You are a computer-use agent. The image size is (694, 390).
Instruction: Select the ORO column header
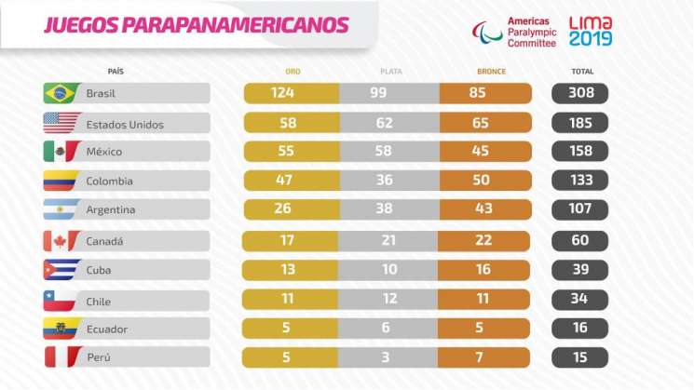pyautogui.click(x=292, y=71)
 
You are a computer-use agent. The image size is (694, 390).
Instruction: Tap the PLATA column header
pyautogui.click(x=389, y=71)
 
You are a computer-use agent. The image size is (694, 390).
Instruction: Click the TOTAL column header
pyautogui.click(x=580, y=71)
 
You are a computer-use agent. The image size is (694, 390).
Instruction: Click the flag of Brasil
pyautogui.click(x=60, y=93)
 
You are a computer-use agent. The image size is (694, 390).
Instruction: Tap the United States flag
pyautogui.click(x=60, y=123)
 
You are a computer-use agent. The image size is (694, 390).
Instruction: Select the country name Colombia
pyautogui.click(x=109, y=182)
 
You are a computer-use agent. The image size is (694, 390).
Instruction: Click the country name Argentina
pyautogui.click(x=110, y=210)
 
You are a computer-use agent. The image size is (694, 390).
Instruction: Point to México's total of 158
pyautogui.click(x=580, y=152)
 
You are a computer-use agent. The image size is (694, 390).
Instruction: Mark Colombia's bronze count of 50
pyautogui.click(x=485, y=182)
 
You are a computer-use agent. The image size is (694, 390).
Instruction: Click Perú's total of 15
pyautogui.click(x=580, y=357)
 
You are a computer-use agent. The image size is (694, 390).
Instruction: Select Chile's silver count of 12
pyautogui.click(x=389, y=300)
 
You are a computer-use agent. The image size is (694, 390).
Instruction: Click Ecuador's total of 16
pyautogui.click(x=580, y=329)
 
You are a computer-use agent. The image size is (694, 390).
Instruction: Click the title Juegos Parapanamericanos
pyautogui.click(x=184, y=22)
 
